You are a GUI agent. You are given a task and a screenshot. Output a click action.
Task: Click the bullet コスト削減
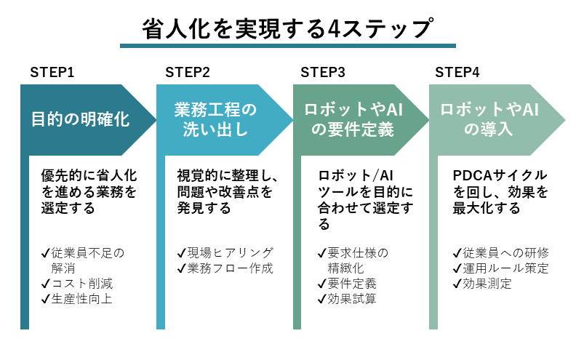[81, 283]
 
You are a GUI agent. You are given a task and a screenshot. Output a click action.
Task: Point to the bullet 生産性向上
[81, 298]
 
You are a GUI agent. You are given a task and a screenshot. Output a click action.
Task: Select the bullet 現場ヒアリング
[225, 252]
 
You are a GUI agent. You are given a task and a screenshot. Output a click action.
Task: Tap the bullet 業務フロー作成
[225, 268]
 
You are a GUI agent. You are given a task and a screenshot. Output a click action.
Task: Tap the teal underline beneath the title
[287, 46]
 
